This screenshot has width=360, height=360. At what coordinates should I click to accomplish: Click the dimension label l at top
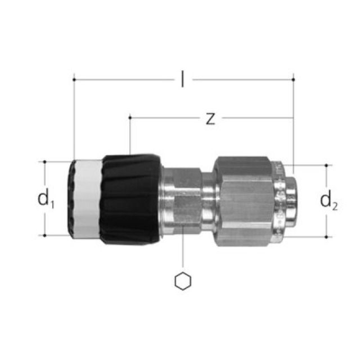point(182,79)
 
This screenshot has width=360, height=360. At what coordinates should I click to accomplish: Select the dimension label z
point(210,119)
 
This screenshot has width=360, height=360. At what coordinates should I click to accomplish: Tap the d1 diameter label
point(46,199)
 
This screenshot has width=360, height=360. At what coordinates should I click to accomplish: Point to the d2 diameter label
point(328,200)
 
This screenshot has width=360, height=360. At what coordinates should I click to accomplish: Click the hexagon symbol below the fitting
point(183,281)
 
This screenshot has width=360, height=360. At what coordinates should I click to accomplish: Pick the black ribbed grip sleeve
point(130,199)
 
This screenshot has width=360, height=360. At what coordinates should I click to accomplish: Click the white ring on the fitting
point(87,199)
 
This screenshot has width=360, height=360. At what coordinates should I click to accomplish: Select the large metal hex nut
point(244,201)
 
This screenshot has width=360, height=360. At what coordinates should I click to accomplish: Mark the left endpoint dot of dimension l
point(74,80)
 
